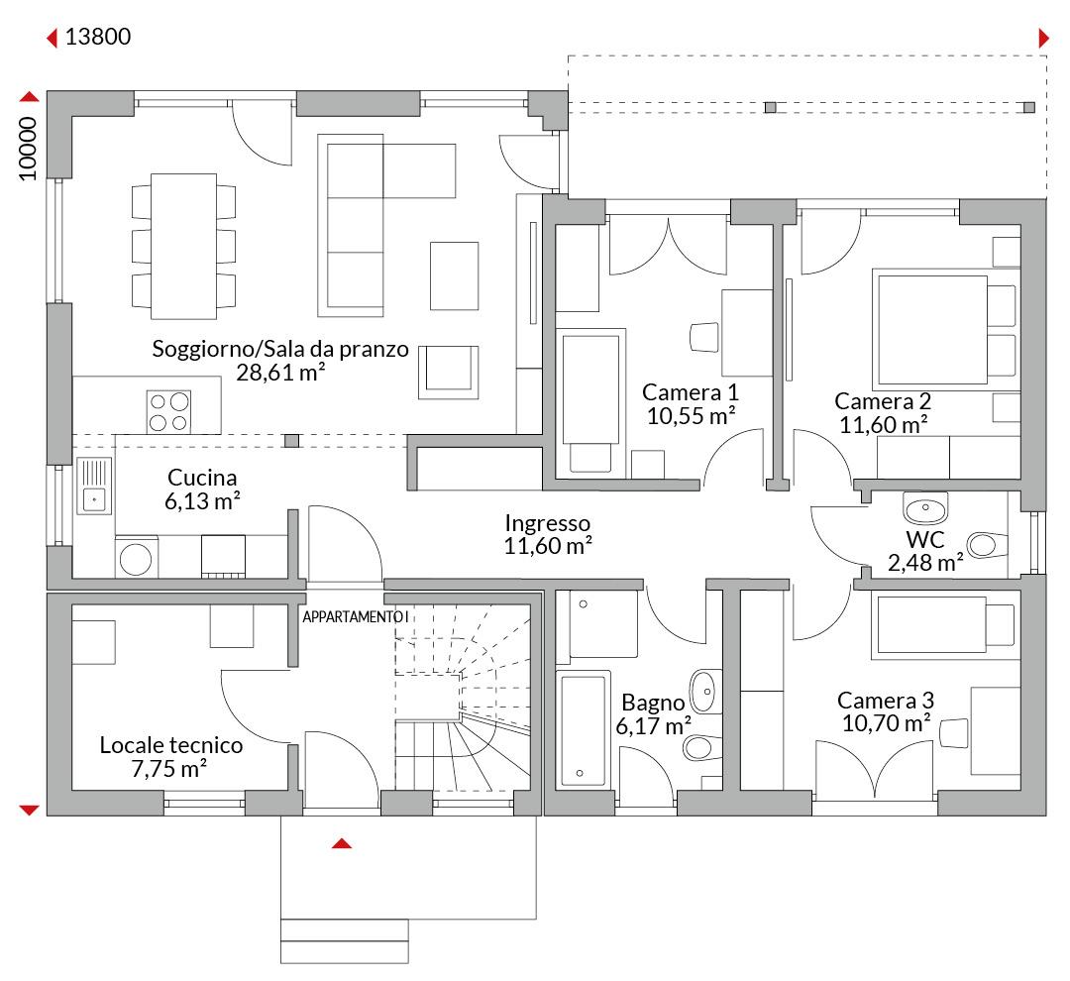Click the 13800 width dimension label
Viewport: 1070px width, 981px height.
97,37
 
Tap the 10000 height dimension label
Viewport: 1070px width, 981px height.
28,148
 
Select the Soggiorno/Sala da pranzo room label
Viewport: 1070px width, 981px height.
279,349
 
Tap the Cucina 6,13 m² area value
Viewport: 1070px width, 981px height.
202,501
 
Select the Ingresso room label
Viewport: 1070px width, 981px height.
547,523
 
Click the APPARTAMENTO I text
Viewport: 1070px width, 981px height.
355,617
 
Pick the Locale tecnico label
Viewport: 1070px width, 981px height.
171,745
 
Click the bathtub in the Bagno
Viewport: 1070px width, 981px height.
583,729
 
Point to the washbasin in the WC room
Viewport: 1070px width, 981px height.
926,507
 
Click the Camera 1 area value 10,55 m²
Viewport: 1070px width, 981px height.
691,416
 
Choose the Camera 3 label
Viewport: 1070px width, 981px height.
885,701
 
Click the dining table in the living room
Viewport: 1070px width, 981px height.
183,247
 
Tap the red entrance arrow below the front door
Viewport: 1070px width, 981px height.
342,844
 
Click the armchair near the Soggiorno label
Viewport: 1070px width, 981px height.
449,372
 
